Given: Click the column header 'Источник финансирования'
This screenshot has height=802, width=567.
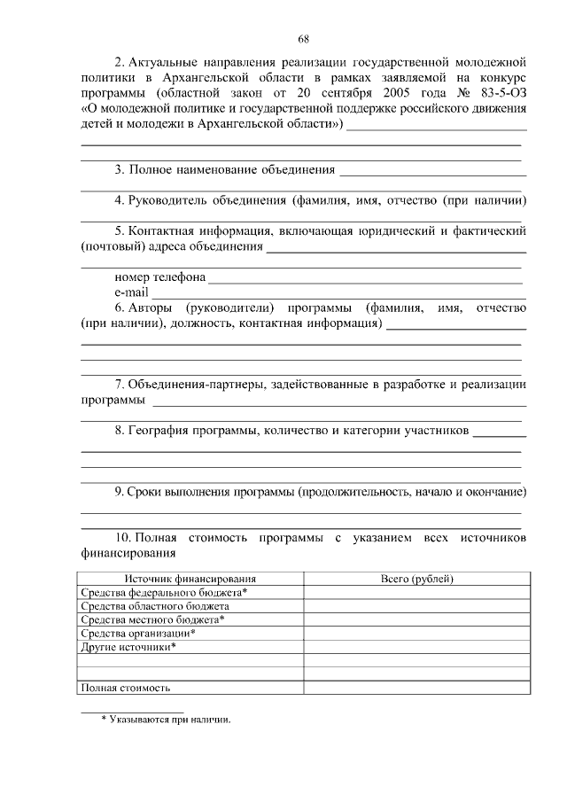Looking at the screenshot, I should [190, 579].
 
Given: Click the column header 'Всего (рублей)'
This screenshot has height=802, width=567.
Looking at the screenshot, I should [416, 579].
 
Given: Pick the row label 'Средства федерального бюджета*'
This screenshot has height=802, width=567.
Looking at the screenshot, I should [164, 592].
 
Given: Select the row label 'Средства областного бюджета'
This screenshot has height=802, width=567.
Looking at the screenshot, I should [155, 606].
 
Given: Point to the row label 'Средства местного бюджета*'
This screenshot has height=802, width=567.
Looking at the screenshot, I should [152, 619].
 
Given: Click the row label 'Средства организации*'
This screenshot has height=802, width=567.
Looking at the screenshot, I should [137, 633].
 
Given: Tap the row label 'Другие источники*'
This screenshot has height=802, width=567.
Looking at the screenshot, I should [128, 647].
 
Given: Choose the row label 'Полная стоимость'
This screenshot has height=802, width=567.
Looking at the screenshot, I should [125, 688].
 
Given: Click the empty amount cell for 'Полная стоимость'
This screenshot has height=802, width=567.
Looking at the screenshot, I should [416, 688].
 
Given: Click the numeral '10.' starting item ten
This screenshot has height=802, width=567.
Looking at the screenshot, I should [123, 538].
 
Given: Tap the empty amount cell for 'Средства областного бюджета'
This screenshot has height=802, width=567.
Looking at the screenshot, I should [416, 606].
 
